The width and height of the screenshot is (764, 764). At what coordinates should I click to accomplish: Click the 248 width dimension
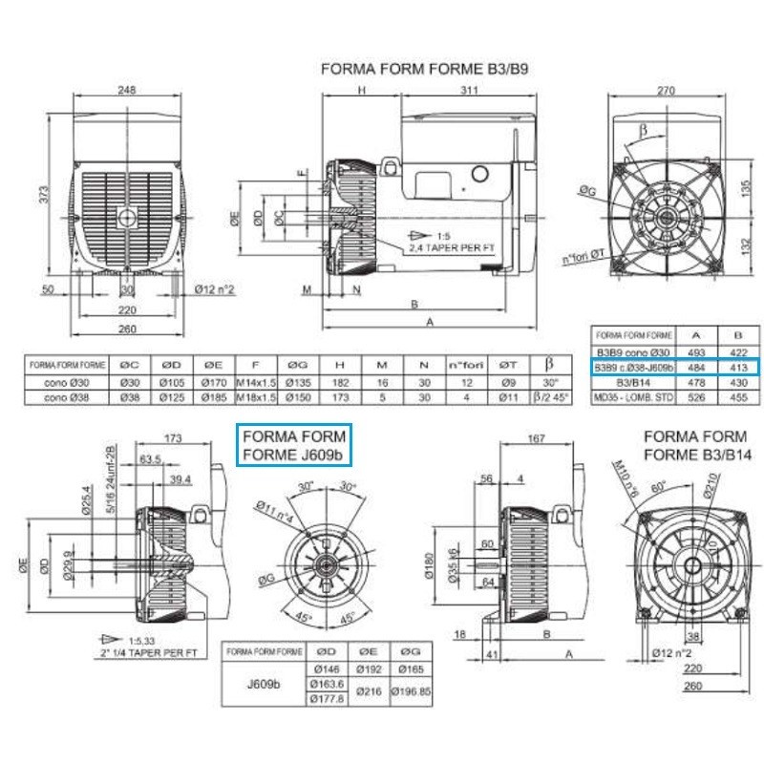click(x=126, y=91)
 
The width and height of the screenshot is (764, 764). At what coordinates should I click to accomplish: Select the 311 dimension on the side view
click(x=467, y=91)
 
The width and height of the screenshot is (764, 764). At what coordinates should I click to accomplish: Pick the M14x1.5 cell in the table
click(x=256, y=381)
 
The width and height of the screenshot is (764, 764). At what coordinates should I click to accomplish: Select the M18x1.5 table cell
click(x=256, y=395)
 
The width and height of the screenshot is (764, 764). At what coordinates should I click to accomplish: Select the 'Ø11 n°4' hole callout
click(x=275, y=513)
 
